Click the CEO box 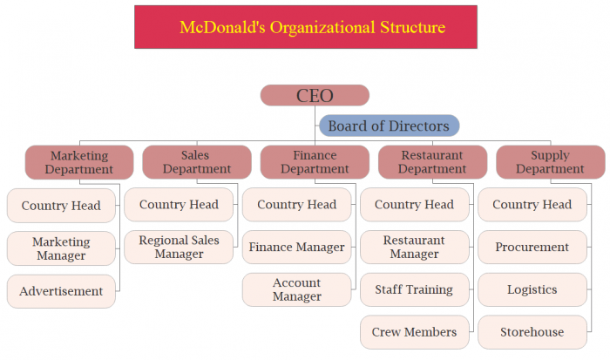click(x=315, y=95)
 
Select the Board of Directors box click(x=389, y=126)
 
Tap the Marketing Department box click(x=79, y=162)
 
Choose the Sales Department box click(x=197, y=162)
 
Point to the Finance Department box click(x=315, y=162)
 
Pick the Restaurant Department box click(x=432, y=162)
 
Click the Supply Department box click(x=550, y=162)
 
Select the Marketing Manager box click(x=61, y=248)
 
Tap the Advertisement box click(x=61, y=290)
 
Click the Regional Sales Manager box click(x=179, y=247)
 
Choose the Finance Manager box click(x=296, y=247)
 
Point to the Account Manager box click(x=296, y=289)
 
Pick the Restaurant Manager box click(x=414, y=247)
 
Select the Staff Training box click(x=414, y=289)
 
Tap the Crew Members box click(x=414, y=332)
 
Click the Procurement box click(x=532, y=247)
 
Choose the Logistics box click(x=532, y=289)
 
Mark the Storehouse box click(x=532, y=332)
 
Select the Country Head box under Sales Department click(x=179, y=205)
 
